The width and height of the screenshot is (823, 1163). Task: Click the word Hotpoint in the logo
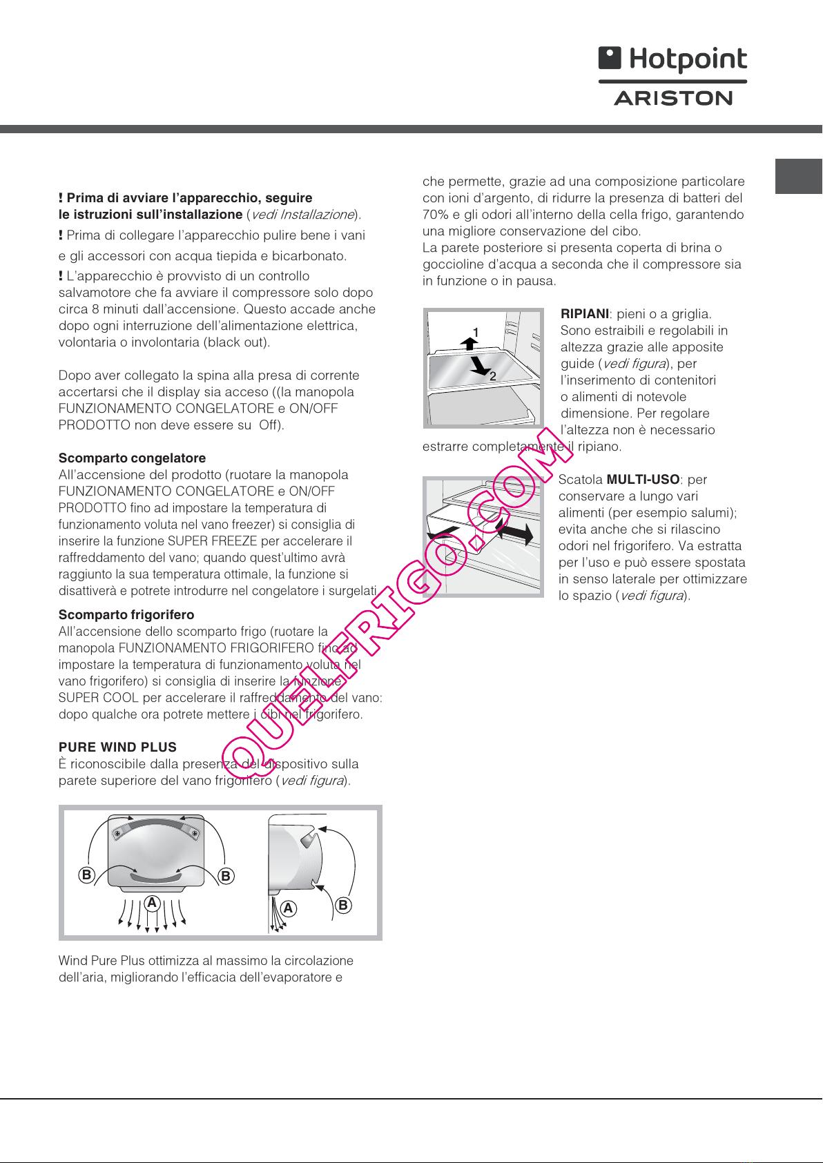tap(688, 60)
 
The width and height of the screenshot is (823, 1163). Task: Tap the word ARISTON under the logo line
tap(673, 98)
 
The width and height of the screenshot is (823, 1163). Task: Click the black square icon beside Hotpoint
tap(610, 57)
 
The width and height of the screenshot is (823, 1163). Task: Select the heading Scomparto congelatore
tap(132, 458)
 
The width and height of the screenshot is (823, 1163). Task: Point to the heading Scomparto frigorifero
tap(126, 615)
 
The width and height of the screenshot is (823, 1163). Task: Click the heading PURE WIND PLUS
tap(117, 747)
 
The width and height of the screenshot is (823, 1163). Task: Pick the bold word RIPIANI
tap(585, 313)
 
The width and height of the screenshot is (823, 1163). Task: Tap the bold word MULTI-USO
tap(643, 479)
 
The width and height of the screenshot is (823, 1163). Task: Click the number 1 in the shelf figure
tap(475, 332)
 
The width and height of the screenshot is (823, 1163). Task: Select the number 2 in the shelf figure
tap(493, 376)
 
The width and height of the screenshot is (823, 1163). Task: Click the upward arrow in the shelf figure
tap(469, 343)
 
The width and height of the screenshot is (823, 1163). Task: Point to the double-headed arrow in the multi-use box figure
tap(514, 534)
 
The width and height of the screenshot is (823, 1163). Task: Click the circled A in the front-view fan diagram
tap(152, 903)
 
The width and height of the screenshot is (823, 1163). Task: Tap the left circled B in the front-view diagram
tap(86, 875)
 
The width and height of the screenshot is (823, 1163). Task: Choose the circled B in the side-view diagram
tap(343, 905)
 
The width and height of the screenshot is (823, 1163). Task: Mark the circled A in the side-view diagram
tap(288, 908)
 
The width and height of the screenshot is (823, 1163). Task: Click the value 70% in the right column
tap(435, 215)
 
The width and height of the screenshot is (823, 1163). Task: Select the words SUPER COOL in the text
tap(99, 698)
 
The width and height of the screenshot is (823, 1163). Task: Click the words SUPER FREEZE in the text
tap(213, 541)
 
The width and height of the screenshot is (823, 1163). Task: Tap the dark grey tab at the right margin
tap(799, 177)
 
